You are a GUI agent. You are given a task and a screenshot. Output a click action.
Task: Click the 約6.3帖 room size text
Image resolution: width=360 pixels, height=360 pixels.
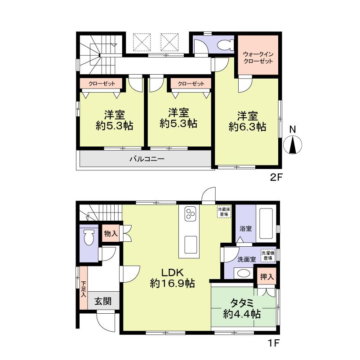pos(247,127)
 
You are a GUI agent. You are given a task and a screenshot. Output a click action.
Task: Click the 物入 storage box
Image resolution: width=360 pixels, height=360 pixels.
pos(110,233)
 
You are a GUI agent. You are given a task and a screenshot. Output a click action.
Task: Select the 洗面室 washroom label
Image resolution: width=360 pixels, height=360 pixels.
pos(247,259)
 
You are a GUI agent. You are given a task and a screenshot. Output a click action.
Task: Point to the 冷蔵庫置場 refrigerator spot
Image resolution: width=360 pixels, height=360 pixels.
pos(223,212)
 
